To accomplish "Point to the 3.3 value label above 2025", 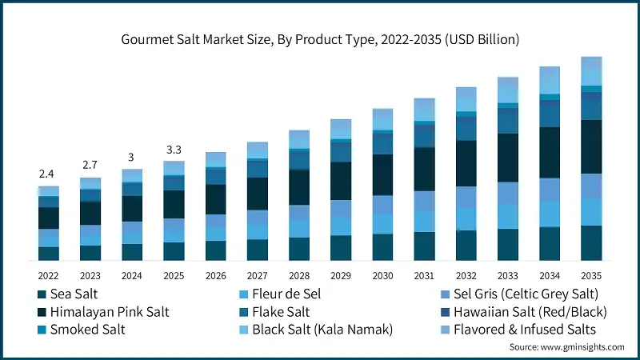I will click(x=174, y=150).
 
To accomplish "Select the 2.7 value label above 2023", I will click(x=90, y=166).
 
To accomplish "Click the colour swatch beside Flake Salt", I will click(x=239, y=311).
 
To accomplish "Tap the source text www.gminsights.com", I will click(x=566, y=346).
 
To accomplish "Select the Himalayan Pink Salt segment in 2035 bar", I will click(x=591, y=146).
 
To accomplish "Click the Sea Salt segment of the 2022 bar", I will click(x=49, y=254).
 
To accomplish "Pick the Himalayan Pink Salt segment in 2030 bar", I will click(x=382, y=174).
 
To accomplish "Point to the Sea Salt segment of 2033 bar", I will click(x=508, y=245).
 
